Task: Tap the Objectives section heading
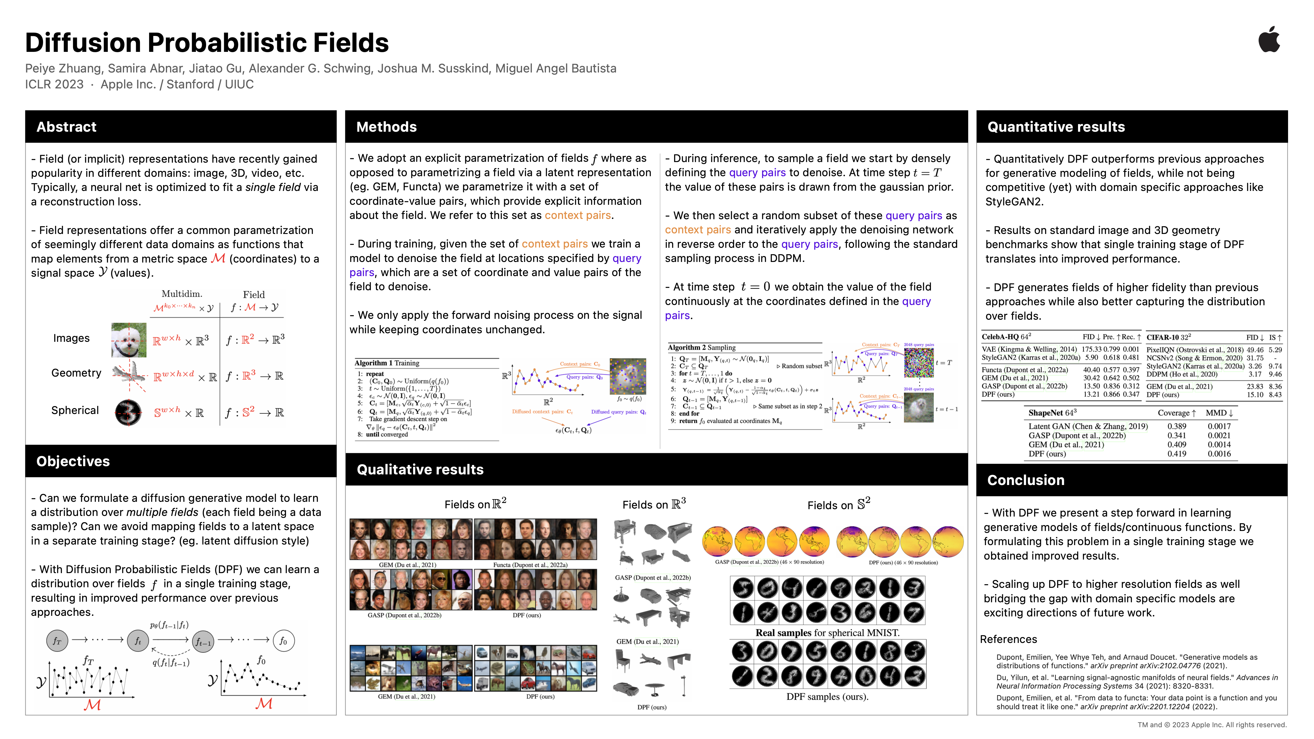pyautogui.click(x=73, y=461)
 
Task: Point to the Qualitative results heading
pyautogui.click(x=420, y=469)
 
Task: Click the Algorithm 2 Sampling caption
pyautogui.click(x=701, y=347)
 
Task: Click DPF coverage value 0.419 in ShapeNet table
pyautogui.click(x=1176, y=453)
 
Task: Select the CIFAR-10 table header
pyautogui.click(x=1168, y=337)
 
